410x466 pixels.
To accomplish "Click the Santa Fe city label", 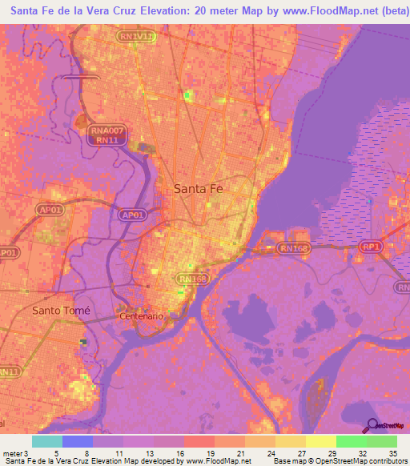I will (199, 189).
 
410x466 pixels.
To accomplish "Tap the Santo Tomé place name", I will (62, 310).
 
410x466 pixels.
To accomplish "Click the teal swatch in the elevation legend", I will (46, 441).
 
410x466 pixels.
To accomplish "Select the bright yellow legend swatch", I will (321, 441).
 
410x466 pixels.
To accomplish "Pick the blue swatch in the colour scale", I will (77, 441).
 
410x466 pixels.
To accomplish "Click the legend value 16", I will (181, 452).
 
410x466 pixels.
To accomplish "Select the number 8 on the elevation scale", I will (86, 452).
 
